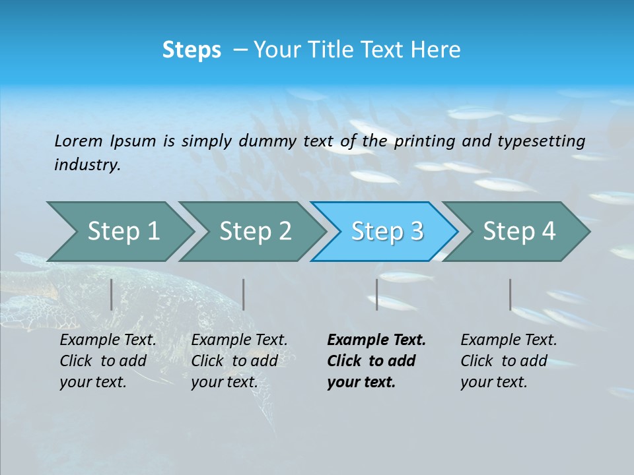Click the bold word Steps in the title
192,50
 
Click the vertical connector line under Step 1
112,294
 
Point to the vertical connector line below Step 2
244,294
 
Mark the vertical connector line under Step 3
377,294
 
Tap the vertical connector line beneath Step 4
511,294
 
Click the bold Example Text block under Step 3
376,361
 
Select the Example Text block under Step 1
108,361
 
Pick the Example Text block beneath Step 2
239,361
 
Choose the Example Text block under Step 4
509,361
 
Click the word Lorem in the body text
79,141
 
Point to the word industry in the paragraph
87,165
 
